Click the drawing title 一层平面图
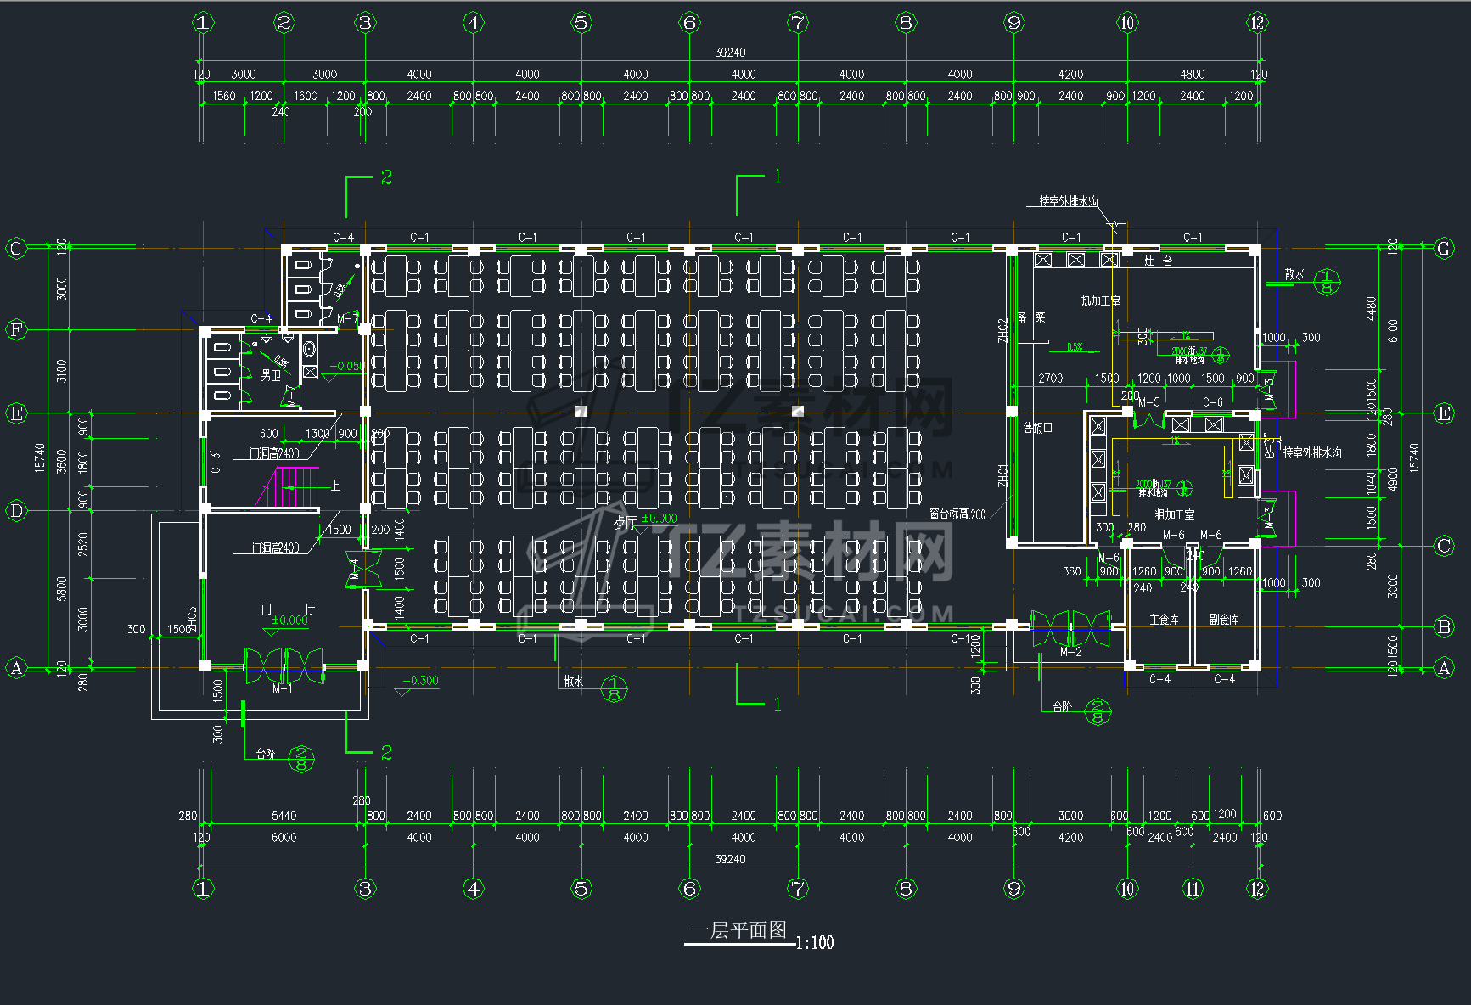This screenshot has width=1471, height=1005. (738, 930)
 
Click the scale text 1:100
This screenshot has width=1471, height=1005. (815, 942)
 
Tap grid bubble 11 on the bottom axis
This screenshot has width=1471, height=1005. (1193, 889)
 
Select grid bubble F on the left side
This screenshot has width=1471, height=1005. (16, 329)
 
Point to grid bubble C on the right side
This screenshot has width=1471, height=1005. (1444, 546)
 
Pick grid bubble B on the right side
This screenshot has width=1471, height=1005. (1444, 627)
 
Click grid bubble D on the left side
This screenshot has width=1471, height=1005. (16, 511)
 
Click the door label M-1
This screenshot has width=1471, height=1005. (282, 688)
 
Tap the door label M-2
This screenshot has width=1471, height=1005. (1070, 652)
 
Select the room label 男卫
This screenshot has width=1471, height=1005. (271, 374)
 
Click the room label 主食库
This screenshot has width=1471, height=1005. (1164, 620)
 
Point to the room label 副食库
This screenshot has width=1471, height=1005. (1224, 620)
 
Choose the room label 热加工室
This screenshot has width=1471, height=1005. (1100, 300)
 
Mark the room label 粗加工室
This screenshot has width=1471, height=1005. (1174, 514)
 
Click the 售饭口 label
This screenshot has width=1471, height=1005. (1037, 428)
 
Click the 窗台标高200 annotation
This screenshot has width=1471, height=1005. (957, 514)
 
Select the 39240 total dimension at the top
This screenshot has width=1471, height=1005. (730, 53)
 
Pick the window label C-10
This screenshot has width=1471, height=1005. (964, 638)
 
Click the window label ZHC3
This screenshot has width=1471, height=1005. (193, 619)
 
